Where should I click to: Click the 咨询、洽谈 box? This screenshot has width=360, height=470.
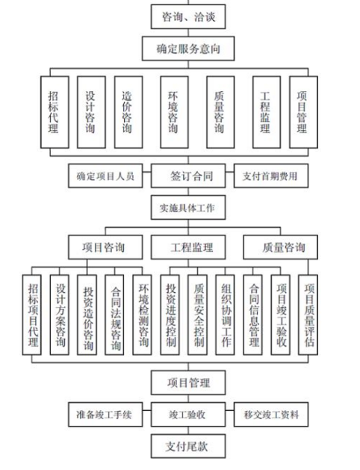pyautogui.click(x=188, y=16)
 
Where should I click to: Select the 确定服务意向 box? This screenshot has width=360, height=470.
pyautogui.click(x=188, y=49)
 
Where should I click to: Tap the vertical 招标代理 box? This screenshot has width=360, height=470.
pyautogui.click(x=55, y=112)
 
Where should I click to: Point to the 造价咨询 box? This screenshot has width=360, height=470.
pyautogui.click(x=128, y=112)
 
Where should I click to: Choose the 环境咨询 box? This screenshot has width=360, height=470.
pyautogui.click(x=174, y=112)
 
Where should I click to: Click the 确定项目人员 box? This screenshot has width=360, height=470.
pyautogui.click(x=105, y=176)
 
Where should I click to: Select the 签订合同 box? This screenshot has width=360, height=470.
pyautogui.click(x=188, y=176)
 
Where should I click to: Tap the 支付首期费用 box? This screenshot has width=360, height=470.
pyautogui.click(x=271, y=176)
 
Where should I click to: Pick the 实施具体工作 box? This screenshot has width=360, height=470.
pyautogui.click(x=188, y=208)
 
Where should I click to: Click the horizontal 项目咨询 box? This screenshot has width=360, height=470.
pyautogui.click(x=105, y=247)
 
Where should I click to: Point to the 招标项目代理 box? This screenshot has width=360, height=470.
pyautogui.click(x=32, y=315)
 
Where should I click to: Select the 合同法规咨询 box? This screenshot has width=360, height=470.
pyautogui.click(x=114, y=315)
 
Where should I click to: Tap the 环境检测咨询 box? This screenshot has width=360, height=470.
pyautogui.click(x=142, y=315)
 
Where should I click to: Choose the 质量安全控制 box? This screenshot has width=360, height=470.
pyautogui.click(x=197, y=315)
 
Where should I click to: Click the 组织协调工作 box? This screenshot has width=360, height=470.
pyautogui.click(x=225, y=315)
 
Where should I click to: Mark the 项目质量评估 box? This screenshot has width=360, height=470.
pyautogui.click(x=308, y=315)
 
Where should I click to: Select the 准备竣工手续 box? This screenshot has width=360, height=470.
pyautogui.click(x=105, y=415)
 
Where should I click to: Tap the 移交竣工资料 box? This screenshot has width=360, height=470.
pyautogui.click(x=271, y=415)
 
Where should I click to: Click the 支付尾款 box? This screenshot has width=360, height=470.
pyautogui.click(x=188, y=446)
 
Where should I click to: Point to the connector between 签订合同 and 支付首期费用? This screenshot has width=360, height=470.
pyautogui.click(x=230, y=172)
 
